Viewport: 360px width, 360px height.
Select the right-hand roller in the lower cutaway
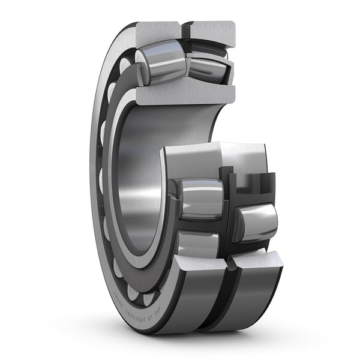pos(257,222)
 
